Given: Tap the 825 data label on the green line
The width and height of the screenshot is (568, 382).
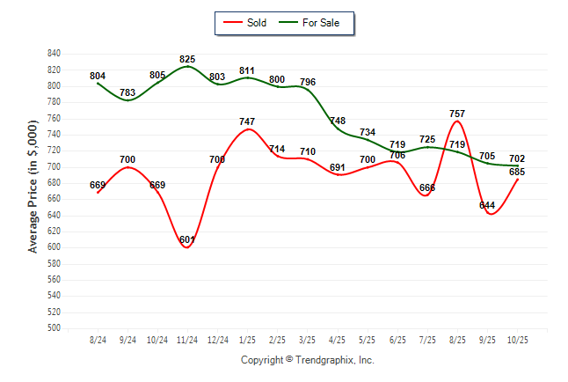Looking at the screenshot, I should point(187,59).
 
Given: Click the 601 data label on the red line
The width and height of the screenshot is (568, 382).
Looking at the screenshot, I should point(187,239).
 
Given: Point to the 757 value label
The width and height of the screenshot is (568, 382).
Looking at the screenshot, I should point(457,114).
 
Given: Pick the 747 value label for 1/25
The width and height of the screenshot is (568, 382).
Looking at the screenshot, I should point(247,121).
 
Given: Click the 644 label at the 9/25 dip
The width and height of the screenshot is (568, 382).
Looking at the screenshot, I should point(487,205).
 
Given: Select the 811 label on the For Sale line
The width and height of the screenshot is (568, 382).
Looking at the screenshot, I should point(247,70).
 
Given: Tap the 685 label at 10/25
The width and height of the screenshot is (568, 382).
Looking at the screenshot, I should point(517,172).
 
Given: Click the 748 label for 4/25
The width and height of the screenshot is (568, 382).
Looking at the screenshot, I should point(338,121).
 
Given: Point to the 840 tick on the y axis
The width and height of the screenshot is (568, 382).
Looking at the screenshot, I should point(55,54).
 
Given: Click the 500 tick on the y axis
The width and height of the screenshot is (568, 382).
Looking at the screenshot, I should point(55,328).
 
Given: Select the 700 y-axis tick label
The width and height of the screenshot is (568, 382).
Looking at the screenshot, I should point(55,166).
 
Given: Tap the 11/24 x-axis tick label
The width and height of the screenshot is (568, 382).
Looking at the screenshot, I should point(187,340).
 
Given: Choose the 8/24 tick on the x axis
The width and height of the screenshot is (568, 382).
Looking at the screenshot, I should point(98,340).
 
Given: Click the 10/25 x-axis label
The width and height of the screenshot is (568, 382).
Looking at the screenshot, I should point(517,340).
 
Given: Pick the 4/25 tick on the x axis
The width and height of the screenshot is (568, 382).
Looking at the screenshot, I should point(338,340).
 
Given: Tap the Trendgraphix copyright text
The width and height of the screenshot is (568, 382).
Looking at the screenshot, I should point(308,360).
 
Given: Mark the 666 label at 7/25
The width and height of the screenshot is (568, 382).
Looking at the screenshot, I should point(427,187).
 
